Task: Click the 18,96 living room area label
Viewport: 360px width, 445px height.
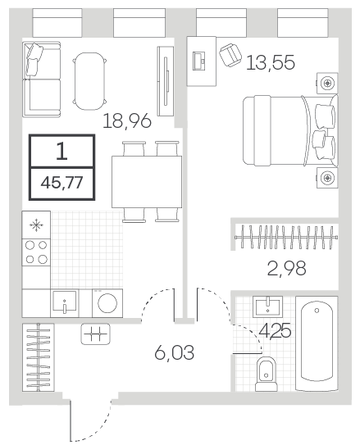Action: pos(126,121)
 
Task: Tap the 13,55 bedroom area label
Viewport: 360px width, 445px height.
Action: pos(271,62)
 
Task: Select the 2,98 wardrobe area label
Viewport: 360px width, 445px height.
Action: pos(286,268)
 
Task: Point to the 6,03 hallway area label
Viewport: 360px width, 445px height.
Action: pos(175,352)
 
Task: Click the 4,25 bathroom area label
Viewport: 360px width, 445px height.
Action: pos(275,330)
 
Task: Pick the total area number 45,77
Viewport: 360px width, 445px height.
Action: pos(62,183)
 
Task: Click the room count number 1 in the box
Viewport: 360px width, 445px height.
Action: pos(62,151)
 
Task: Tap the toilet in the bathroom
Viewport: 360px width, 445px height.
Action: pos(266,374)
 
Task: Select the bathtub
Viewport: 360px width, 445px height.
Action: pos(317,343)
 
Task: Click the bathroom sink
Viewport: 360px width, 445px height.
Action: pos(267,307)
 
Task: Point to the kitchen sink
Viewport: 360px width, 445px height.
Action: pos(65,303)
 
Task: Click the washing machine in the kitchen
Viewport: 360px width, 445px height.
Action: pos(107,303)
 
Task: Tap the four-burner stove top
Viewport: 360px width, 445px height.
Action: pos(36,252)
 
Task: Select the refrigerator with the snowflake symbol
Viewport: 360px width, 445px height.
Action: pos(36,225)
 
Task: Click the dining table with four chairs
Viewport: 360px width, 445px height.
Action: pos(147,182)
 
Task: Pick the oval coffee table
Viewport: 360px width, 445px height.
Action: pos(89,81)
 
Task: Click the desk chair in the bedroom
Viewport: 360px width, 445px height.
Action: pos(230,55)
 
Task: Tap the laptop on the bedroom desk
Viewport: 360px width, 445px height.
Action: pos(199,61)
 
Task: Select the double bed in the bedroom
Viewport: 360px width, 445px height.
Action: pos(290,130)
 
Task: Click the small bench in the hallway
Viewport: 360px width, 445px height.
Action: pos(95,334)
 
